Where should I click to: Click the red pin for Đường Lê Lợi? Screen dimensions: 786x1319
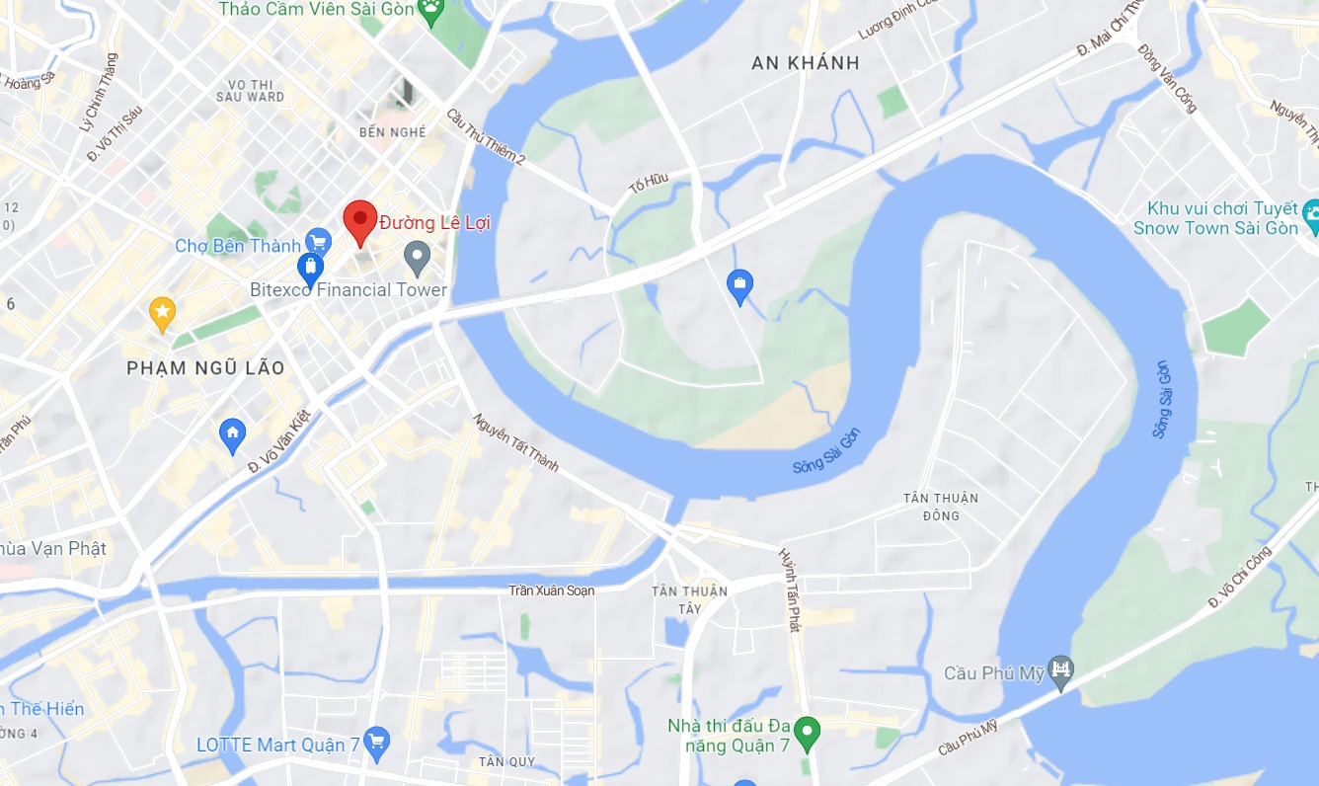359,220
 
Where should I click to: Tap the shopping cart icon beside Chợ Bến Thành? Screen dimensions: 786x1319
318,242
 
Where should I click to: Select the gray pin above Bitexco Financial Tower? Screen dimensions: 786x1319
418,258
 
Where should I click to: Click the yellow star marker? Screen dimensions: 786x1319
162,313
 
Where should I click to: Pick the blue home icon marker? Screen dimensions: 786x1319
232,433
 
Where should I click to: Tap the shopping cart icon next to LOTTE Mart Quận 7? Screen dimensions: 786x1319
375,743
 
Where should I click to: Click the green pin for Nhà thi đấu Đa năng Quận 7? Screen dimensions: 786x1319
808,733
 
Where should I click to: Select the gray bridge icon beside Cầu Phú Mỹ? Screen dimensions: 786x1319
1061,670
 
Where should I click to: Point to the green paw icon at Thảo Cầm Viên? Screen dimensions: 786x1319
430,11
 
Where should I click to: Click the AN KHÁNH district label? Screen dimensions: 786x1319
806,63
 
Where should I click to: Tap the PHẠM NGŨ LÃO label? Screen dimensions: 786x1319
205,368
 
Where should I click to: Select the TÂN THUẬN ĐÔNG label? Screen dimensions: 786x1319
941,507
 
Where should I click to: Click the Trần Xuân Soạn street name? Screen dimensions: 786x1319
552,590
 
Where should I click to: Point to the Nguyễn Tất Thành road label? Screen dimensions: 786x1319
515,442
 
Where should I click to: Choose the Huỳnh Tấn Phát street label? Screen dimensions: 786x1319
788,589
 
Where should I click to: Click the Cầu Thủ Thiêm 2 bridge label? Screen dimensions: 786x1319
487,137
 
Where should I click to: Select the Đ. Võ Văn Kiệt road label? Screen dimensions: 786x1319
279,440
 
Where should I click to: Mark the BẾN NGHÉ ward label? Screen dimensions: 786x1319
393,132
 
